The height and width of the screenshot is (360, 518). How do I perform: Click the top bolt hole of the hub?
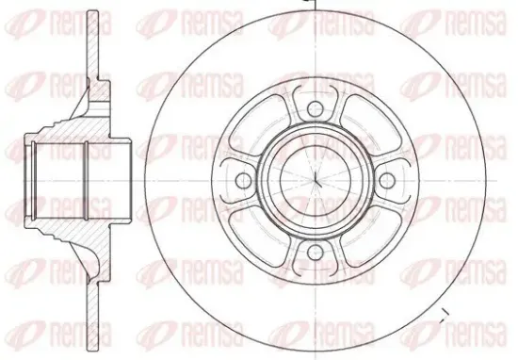316,108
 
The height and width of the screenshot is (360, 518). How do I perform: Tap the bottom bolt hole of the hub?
316,253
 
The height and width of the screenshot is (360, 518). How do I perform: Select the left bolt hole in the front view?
244,181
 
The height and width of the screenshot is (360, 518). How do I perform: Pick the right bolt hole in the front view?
387,181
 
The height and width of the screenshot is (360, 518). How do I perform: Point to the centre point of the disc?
316,181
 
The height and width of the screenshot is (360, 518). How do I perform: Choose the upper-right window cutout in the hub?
370,125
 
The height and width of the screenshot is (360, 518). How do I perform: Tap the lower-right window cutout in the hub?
370,236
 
